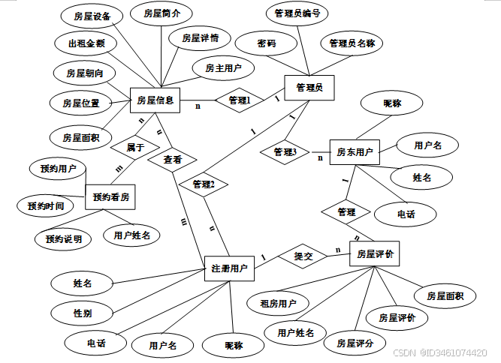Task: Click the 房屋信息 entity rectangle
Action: (155, 100)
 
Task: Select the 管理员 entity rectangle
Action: (309, 88)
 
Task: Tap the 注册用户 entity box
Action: (229, 268)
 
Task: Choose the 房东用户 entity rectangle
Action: (355, 152)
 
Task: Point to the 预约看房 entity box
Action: (111, 198)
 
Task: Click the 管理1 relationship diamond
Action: (240, 100)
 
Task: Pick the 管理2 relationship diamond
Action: (203, 184)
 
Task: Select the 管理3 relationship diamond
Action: (285, 152)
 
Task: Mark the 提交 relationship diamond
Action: (303, 256)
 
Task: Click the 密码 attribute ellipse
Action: (266, 44)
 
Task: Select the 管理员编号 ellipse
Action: (297, 13)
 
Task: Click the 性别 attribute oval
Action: (83, 311)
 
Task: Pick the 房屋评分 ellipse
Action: (355, 343)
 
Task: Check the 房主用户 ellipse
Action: (223, 68)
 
